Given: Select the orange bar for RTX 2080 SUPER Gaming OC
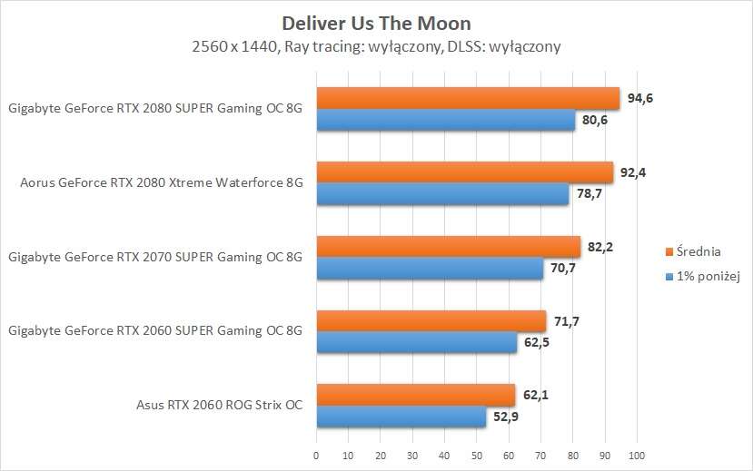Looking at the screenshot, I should [x=467, y=97].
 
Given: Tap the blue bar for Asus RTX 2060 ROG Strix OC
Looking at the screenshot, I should [x=401, y=417].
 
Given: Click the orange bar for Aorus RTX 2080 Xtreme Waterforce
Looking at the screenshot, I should [x=464, y=172].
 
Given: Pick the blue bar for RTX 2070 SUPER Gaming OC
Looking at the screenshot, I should [x=429, y=269].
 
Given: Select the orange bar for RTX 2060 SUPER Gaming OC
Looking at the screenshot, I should [x=431, y=320].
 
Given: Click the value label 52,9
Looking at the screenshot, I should [x=506, y=417].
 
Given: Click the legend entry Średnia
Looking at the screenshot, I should [x=698, y=251].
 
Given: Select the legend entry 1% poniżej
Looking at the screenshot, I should [x=704, y=277].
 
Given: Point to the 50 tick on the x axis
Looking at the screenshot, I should [x=476, y=453].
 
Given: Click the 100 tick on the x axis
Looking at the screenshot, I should [x=636, y=453].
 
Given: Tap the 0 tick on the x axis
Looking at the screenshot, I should [x=316, y=453].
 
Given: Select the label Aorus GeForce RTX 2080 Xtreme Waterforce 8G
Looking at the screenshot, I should [x=161, y=182].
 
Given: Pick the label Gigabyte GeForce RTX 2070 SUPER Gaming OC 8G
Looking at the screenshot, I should [x=154, y=258].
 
